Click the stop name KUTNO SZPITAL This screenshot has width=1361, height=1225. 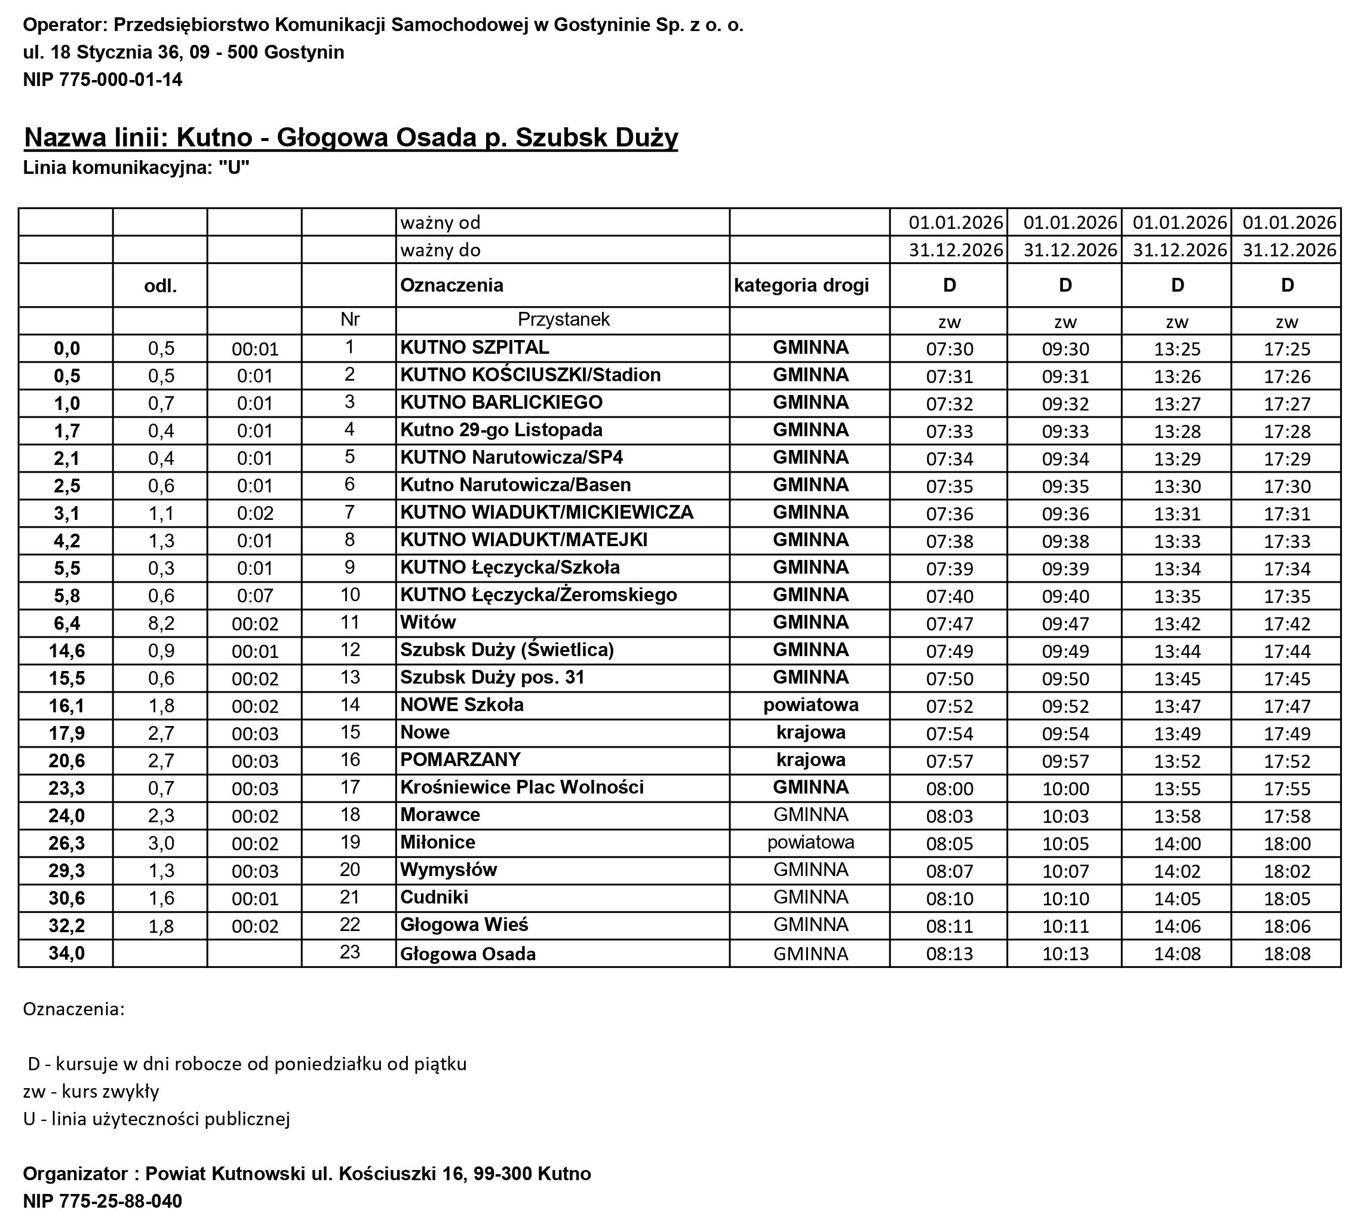(x=474, y=347)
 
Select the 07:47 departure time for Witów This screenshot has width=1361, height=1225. (x=950, y=624)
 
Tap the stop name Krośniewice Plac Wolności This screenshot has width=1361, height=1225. (x=521, y=787)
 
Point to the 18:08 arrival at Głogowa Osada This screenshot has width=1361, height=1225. (x=1287, y=954)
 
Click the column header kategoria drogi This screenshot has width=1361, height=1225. (x=801, y=286)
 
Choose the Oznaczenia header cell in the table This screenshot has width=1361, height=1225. (x=451, y=286)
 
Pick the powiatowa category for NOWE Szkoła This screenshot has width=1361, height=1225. (x=810, y=705)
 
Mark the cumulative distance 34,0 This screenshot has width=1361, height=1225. (x=67, y=954)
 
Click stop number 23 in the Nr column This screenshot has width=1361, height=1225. (x=350, y=953)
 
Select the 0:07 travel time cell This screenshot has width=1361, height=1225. (x=255, y=596)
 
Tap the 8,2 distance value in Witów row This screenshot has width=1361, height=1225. (x=161, y=623)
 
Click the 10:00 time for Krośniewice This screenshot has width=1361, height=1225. (x=1065, y=788)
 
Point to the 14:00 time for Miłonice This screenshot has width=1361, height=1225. (x=1176, y=843)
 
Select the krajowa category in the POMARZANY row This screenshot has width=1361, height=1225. (x=810, y=760)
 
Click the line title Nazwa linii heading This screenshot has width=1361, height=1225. (x=351, y=137)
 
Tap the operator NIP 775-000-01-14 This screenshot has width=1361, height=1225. (x=102, y=79)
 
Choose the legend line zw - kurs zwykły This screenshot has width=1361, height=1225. (x=91, y=1091)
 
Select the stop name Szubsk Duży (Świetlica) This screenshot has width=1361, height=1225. (x=506, y=650)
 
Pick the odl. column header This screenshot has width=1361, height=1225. (x=160, y=286)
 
